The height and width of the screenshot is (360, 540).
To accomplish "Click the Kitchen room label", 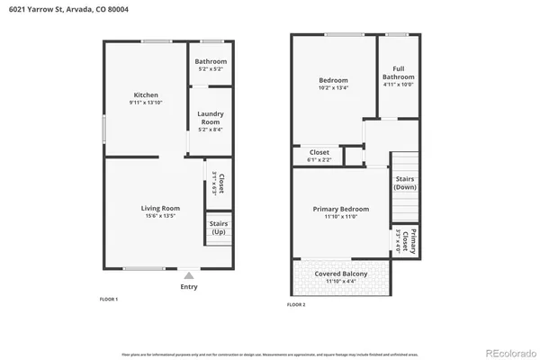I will pyautogui.click(x=147, y=95).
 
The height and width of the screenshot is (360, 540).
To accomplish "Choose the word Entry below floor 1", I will pyautogui.click(x=189, y=287).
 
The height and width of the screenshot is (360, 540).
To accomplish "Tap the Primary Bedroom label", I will pyautogui.click(x=341, y=209).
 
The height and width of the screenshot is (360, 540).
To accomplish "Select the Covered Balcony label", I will pyautogui.click(x=340, y=274).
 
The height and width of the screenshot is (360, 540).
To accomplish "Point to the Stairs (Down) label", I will pyautogui.click(x=405, y=183).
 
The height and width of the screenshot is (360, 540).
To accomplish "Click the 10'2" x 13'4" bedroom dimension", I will pyautogui.click(x=335, y=87).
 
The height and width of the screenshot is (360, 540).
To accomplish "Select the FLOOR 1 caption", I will pyautogui.click(x=109, y=299).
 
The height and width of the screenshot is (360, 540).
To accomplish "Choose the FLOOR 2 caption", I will pyautogui.click(x=296, y=305).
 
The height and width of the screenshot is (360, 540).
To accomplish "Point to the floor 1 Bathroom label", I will pyautogui.click(x=211, y=62).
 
